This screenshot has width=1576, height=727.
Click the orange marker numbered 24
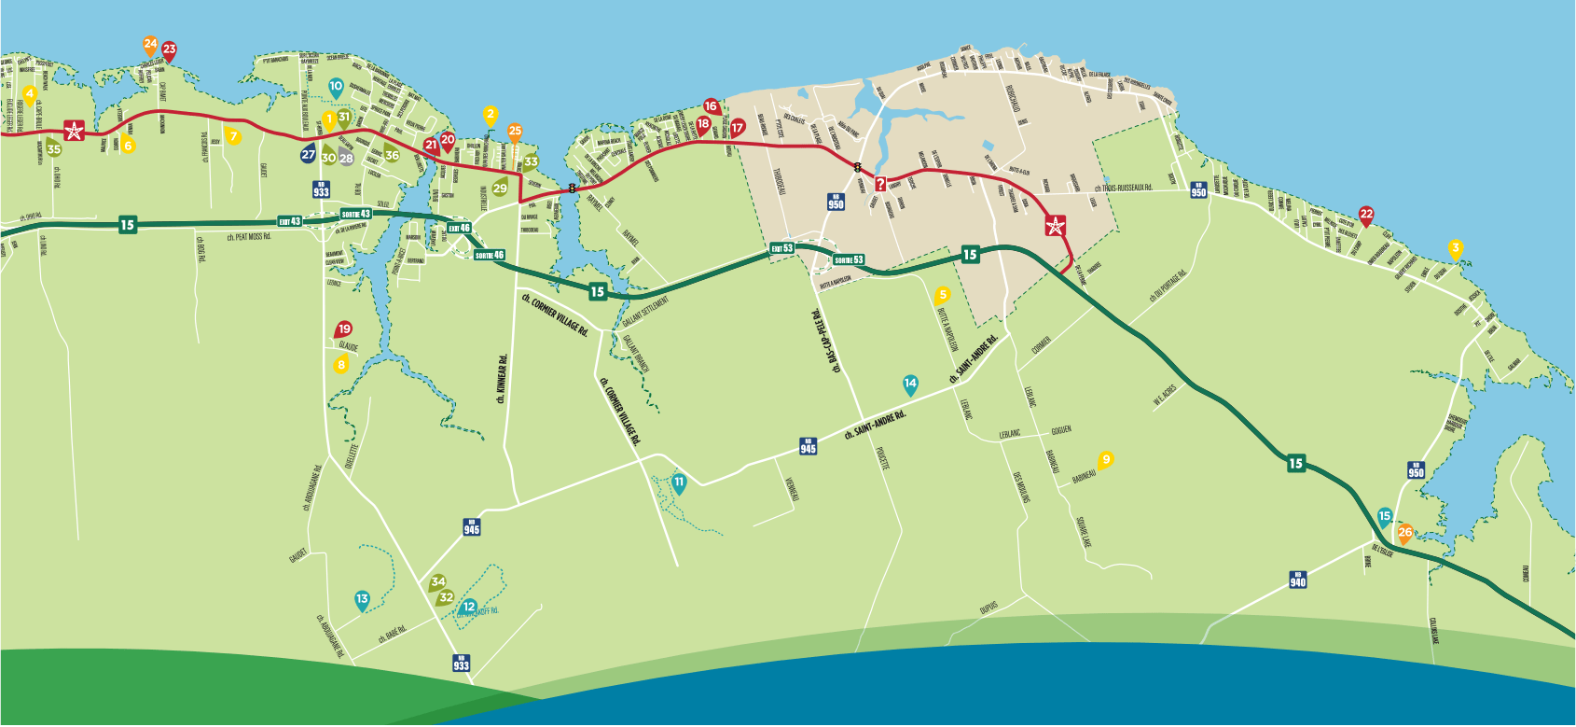click(x=150, y=44)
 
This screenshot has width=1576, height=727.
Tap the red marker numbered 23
click(x=169, y=50)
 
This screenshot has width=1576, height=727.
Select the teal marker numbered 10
click(x=336, y=87)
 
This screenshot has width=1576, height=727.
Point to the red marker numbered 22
click(x=1366, y=215)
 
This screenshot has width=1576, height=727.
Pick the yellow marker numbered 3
click(x=1455, y=248)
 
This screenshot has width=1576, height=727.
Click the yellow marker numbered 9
click(x=1106, y=459)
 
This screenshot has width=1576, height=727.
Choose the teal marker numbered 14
click(x=910, y=384)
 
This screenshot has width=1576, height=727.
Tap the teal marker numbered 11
click(x=679, y=482)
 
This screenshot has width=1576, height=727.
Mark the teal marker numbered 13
click(x=362, y=600)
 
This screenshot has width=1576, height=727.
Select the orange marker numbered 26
click(x=1405, y=533)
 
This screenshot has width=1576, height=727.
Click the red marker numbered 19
click(x=344, y=329)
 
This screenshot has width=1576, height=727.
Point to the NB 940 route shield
click(x=1297, y=580)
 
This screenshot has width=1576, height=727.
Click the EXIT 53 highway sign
click(x=781, y=248)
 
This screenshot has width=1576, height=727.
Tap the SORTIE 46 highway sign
click(x=489, y=255)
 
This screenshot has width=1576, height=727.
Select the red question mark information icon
click(x=879, y=184)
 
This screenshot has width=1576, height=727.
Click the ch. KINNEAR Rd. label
click(x=503, y=379)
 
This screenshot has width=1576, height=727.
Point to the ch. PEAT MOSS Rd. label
click(x=248, y=237)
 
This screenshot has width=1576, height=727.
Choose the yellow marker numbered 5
click(x=942, y=296)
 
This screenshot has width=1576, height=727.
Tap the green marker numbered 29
click(x=500, y=189)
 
